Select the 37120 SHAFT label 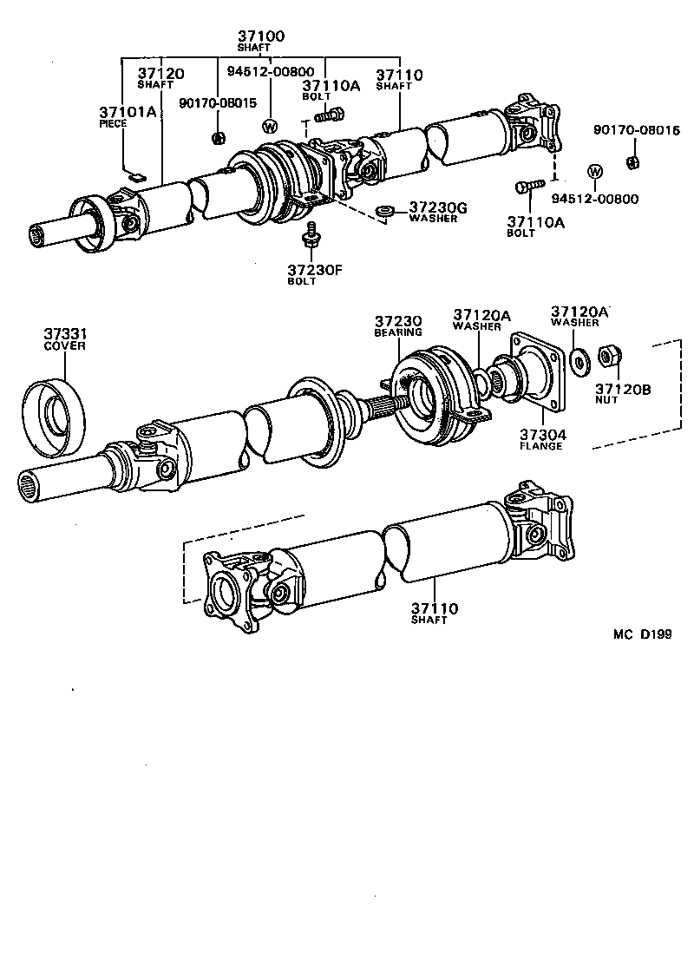161,78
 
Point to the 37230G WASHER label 437,212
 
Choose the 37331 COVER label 65,338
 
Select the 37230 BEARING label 398,325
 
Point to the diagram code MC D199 643,634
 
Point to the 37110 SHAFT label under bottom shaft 435,614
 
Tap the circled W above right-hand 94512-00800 595,170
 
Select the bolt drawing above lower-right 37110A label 528,186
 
